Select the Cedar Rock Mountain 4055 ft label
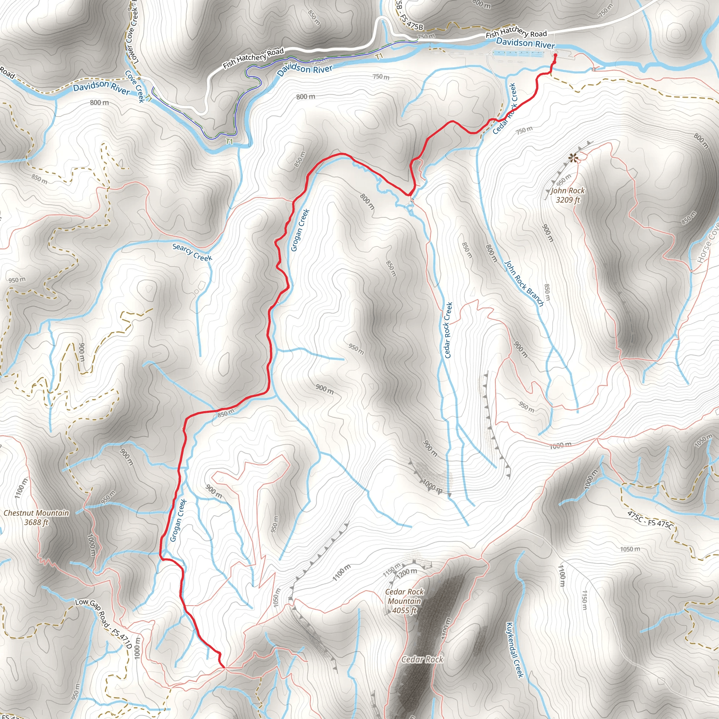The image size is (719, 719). click(404, 601)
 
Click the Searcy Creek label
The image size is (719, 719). click(192, 252)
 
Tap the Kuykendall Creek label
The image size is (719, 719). click(515, 650)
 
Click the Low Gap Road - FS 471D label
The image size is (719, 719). click(104, 622)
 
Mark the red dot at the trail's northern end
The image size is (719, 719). click(555, 55)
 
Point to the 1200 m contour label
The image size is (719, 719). click(407, 572)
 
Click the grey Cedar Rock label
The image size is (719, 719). click(422, 659)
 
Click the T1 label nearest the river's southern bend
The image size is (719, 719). click(229, 141)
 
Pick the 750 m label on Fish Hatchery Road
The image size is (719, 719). click(426, 37)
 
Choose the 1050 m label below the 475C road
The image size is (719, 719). click(630, 549)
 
